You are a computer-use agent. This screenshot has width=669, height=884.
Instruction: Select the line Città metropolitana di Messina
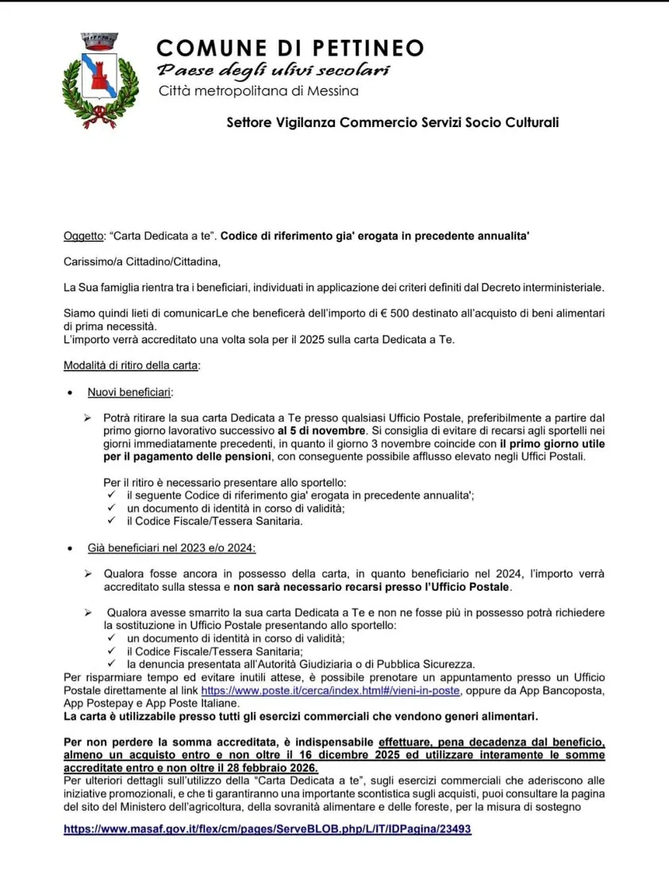pyautogui.click(x=259, y=91)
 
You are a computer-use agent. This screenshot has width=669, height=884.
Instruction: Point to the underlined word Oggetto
pyautogui.click(x=83, y=236)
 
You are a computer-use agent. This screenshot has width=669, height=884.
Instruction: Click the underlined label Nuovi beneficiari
pyautogui.click(x=130, y=392)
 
